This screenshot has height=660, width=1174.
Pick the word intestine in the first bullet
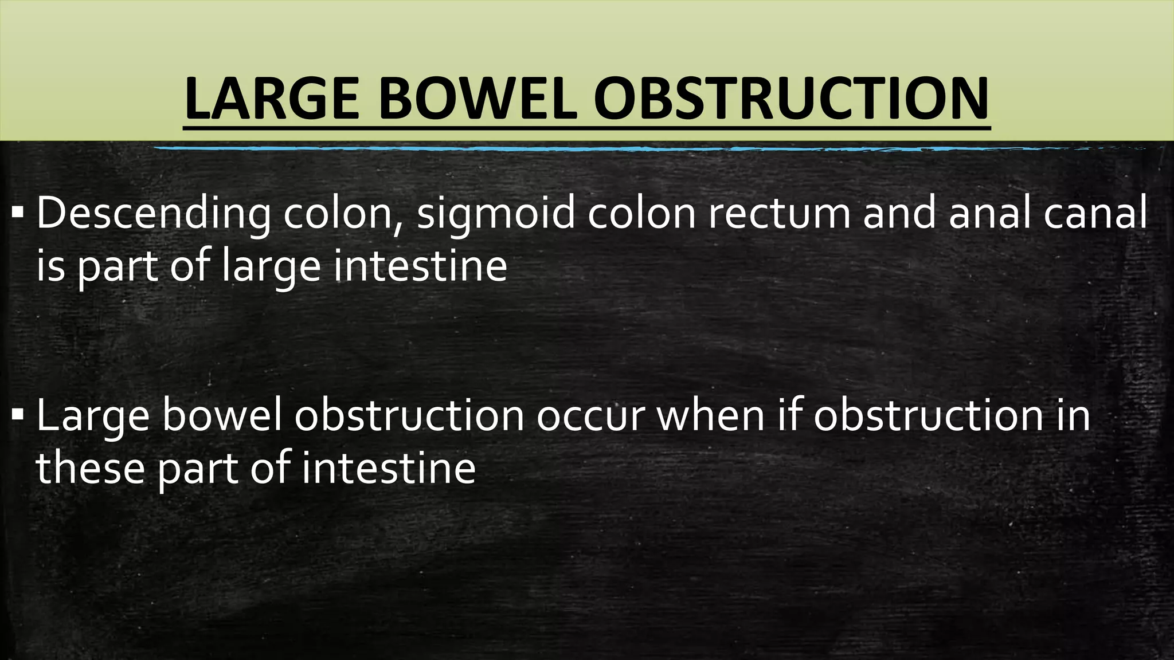pos(420,266)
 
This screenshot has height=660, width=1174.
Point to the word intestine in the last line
pos(389,467)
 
